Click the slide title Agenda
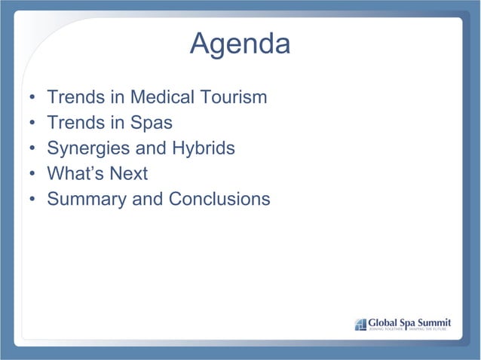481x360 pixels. pos(240,44)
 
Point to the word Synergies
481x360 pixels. pos(84,148)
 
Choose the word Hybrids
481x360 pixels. pos(204,148)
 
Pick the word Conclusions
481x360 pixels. pos(219,200)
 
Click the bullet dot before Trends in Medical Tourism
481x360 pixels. pos(32,99)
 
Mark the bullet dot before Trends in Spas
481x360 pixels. pos(32,124)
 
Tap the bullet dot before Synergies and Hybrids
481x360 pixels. pos(32,150)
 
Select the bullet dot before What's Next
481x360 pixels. pos(32,175)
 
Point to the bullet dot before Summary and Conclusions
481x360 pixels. pos(32,201)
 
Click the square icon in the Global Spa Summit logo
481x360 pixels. pos(360,324)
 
